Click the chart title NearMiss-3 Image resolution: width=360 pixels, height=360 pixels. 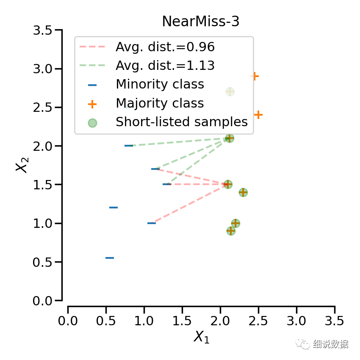[201, 22]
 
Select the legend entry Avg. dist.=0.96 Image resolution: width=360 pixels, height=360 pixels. [165, 47]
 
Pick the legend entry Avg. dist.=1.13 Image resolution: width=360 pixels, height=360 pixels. [165, 66]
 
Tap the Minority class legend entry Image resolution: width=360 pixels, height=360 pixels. [160, 84]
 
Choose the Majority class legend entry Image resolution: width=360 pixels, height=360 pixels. [160, 103]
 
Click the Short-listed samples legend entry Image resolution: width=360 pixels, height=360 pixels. [181, 122]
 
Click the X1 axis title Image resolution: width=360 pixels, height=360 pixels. [201, 337]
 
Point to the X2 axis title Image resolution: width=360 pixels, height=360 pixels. [22, 165]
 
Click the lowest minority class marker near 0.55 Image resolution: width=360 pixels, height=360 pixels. [110, 258]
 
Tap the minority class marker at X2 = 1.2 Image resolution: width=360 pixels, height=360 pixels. [114, 208]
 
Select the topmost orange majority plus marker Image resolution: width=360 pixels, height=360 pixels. [254, 76]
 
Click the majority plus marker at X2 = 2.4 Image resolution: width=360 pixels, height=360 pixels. [258, 115]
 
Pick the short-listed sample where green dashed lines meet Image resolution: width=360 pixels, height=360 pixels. [229, 138]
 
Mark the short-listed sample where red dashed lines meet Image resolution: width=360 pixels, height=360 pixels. [228, 184]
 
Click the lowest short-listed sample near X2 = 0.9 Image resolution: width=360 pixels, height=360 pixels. [231, 231]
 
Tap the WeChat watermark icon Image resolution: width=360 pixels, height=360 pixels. [304, 344]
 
